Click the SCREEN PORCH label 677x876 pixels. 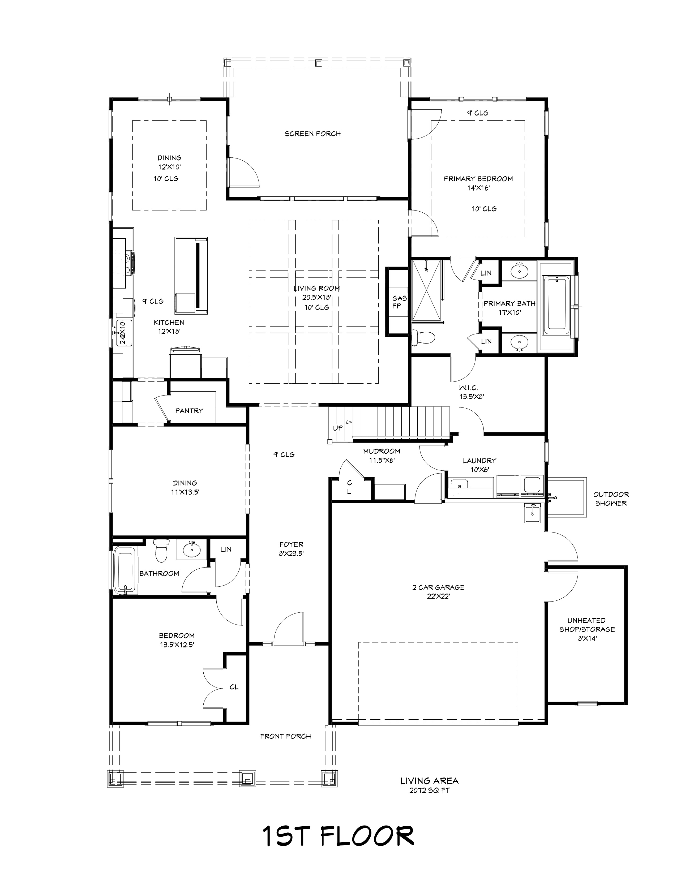coord(313,134)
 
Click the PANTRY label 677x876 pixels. coord(189,411)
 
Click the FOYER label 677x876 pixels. coord(292,544)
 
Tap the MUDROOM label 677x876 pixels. coord(382,451)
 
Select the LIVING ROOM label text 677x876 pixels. coord(317,288)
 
